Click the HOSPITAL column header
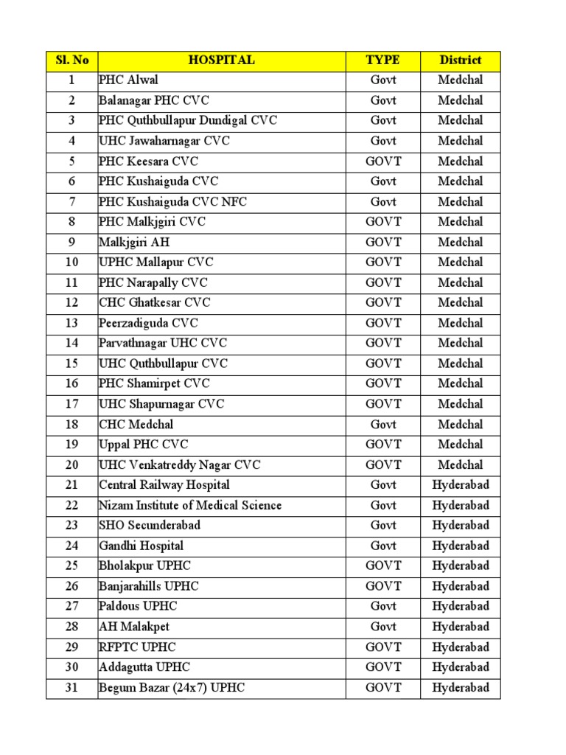[x=221, y=60]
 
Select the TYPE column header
[x=383, y=60]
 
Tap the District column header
[x=461, y=60]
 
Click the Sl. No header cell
[x=71, y=60]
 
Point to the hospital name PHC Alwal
[x=129, y=80]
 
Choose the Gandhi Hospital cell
[x=141, y=546]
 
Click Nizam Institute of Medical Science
[x=190, y=506]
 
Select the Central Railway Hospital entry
[x=164, y=485]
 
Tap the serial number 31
[x=71, y=688]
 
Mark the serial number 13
[x=71, y=323]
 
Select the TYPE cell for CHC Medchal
[x=383, y=425]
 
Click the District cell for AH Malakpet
[x=461, y=627]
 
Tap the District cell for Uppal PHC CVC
[x=461, y=445]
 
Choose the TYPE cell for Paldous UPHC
[x=383, y=607]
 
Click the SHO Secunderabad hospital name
[x=150, y=526]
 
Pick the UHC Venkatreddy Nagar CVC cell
[x=180, y=465]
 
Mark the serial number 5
[x=71, y=161]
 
